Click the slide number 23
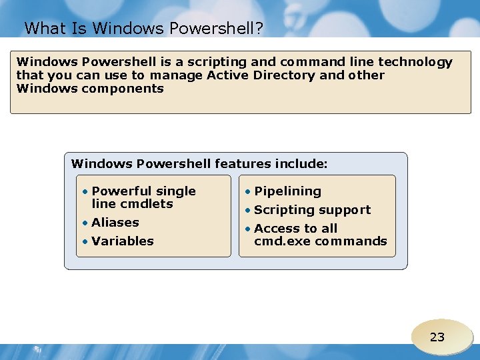[437, 337]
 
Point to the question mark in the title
[259, 28]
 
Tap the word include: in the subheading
[300, 163]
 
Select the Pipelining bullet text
[287, 191]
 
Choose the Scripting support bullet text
[312, 210]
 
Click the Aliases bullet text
[115, 223]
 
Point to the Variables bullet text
[123, 241]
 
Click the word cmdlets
[145, 204]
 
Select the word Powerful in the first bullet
[121, 191]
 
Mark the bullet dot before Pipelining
[248, 192]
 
